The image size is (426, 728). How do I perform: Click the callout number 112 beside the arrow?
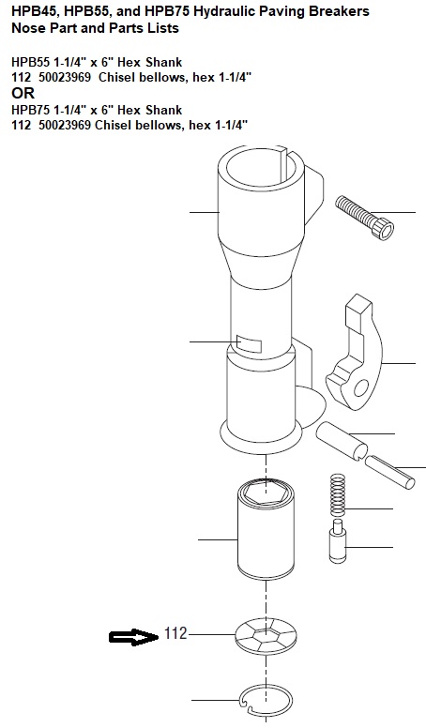coord(175,633)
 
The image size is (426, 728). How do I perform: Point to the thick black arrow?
coord(134,637)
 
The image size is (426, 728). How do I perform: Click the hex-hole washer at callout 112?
coord(266,635)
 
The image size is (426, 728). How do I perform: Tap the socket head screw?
coord(365,218)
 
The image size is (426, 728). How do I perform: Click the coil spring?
coord(338,494)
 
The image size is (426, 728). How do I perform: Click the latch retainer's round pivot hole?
coord(361,388)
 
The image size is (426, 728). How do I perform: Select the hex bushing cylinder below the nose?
coord(266,530)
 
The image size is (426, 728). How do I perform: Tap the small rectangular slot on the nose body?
coord(250,342)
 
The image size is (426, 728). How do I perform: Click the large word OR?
coord(23,93)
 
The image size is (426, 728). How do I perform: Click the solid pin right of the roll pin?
coord(390,472)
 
